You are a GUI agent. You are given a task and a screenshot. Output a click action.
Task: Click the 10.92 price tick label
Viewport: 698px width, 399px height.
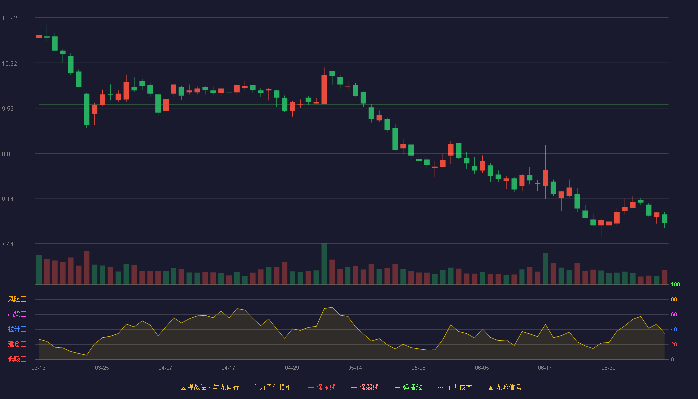point(9,18)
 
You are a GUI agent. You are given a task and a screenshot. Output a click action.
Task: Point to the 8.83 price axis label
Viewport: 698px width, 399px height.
point(8,154)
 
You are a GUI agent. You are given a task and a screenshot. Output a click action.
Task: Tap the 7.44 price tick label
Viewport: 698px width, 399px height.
point(8,244)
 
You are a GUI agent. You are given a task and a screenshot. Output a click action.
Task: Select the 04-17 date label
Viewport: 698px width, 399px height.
point(228,368)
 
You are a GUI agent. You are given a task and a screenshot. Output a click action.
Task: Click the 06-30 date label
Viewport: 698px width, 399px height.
point(608,368)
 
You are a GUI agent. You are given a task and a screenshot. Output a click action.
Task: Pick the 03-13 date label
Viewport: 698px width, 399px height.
point(39,368)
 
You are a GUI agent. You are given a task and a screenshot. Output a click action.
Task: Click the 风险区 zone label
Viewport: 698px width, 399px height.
point(17,299)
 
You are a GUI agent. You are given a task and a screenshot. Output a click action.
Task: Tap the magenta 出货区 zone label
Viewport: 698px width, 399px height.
point(17,314)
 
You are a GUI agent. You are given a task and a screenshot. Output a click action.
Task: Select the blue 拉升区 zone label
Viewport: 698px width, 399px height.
point(17,329)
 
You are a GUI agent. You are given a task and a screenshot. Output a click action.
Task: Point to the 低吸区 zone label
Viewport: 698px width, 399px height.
point(17,359)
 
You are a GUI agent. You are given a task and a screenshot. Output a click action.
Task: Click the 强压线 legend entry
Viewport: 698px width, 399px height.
point(322,387)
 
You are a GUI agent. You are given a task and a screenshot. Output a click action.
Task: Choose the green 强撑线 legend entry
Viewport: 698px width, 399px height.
point(408,387)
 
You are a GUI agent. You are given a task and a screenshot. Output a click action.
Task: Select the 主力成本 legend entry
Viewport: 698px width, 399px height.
point(455,387)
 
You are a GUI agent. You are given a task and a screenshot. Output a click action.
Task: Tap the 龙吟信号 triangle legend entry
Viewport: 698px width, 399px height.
point(505,387)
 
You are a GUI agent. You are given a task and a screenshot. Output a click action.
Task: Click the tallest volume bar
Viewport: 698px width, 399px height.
point(324,264)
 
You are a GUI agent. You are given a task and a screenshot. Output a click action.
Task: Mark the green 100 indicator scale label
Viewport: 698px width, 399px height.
point(675,284)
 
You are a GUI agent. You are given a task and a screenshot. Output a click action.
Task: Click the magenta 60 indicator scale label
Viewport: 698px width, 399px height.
point(674,314)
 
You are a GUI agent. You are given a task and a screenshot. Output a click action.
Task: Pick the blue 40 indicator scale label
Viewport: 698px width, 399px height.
point(674,329)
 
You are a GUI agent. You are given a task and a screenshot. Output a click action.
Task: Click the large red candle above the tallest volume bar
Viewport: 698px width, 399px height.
point(324,89)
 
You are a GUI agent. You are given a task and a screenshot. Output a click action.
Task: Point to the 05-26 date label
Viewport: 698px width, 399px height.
point(418,368)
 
